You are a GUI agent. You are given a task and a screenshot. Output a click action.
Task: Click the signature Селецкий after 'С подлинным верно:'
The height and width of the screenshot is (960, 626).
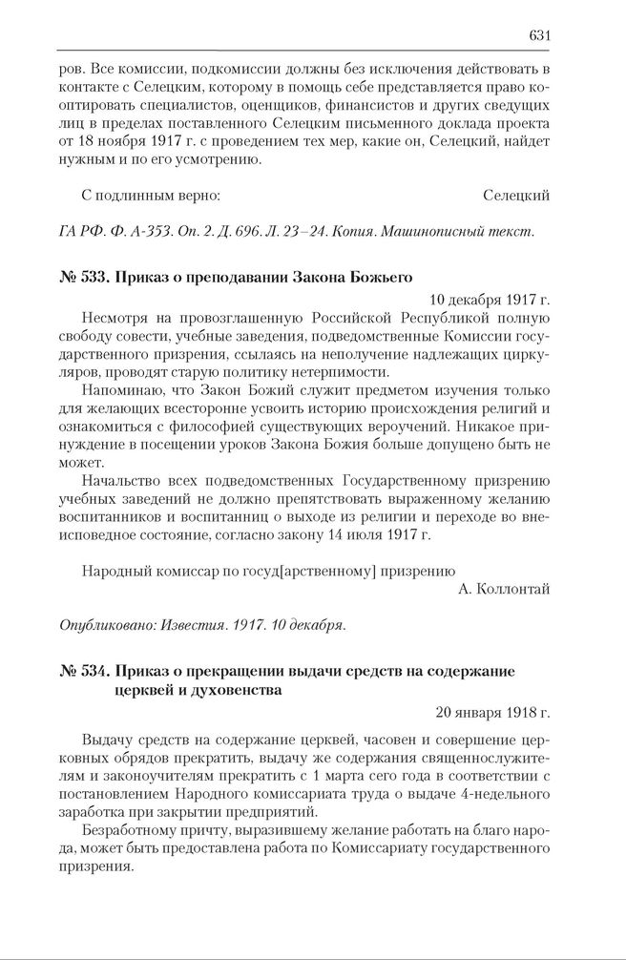pos(516,196)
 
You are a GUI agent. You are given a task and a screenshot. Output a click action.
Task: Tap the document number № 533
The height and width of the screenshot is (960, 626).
pos(83,278)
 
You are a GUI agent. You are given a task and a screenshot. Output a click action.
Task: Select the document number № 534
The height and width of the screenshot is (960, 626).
pos(83,671)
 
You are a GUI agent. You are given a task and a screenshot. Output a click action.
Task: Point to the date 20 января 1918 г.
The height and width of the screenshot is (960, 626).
pos(492,712)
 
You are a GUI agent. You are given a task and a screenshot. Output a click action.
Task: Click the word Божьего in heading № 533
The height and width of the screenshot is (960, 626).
pos(377,278)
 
